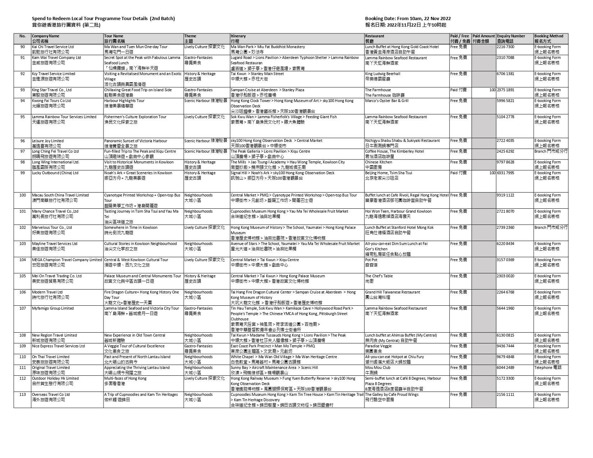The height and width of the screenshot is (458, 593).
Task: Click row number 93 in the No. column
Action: (x=23, y=90)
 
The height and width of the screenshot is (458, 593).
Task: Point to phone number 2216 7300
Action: (x=505, y=47)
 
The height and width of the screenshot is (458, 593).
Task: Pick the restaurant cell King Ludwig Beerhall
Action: (x=382, y=74)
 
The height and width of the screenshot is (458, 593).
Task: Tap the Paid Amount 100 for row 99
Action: (x=492, y=173)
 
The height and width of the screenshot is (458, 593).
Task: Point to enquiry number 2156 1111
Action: (x=505, y=394)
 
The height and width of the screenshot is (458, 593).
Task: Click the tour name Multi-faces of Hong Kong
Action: (x=125, y=378)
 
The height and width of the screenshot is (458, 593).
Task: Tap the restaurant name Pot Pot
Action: (x=371, y=260)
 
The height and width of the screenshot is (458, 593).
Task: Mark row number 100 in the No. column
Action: (x=23, y=195)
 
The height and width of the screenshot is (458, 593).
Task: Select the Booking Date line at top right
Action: (x=408, y=19)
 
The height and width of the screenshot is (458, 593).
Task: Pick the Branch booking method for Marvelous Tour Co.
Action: (x=551, y=227)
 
